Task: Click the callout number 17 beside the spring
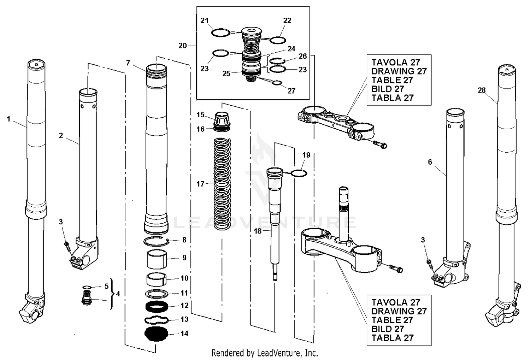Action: (200, 184)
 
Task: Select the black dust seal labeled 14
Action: (156, 334)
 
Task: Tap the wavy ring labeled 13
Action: (156, 320)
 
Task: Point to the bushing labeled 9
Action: (157, 260)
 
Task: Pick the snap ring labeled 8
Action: (156, 241)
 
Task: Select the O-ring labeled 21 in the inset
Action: (220, 33)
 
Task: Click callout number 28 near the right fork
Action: (482, 90)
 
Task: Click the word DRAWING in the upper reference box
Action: (387, 71)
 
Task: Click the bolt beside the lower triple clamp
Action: (395, 269)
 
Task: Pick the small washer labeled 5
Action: (87, 287)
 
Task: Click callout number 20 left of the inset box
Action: (182, 46)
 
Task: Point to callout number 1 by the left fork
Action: (9, 119)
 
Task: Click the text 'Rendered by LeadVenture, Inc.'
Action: (265, 353)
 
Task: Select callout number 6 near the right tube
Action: (430, 162)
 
